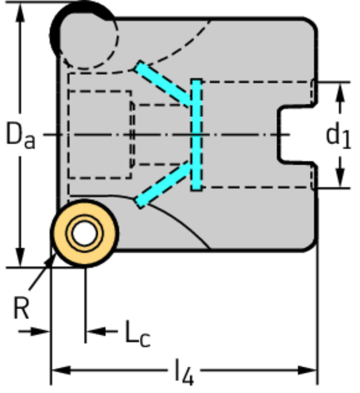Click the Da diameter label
(20, 134)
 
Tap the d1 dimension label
(337, 134)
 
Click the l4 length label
(183, 373)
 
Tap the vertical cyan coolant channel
(196, 134)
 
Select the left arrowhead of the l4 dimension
(57, 371)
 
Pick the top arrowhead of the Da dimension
(19, 8)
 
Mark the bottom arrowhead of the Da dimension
(19, 262)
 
